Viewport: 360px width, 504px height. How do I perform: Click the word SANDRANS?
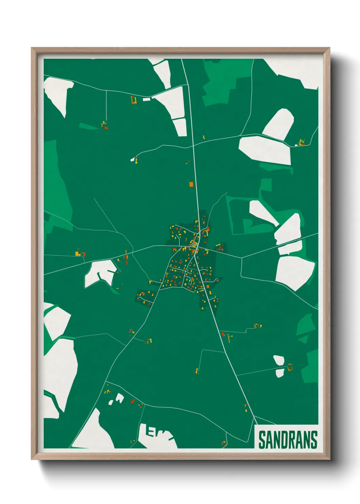point(288,440)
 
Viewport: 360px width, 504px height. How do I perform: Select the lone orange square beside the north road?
point(191,184)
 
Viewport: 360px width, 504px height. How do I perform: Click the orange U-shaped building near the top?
point(134,100)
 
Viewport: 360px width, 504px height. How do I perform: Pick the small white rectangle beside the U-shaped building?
point(146,99)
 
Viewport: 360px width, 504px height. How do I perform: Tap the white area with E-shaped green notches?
point(157,435)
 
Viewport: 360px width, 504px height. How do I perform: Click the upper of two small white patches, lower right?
point(279,360)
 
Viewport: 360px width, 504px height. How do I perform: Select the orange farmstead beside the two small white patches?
point(290,367)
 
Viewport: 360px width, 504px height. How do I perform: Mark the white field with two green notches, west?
point(99,273)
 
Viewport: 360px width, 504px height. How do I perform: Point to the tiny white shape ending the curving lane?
point(132,159)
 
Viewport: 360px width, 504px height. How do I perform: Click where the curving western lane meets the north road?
point(193,146)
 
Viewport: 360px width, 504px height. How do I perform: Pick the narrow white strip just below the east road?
point(290,248)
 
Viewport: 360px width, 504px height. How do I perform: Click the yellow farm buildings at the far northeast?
point(301,142)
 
